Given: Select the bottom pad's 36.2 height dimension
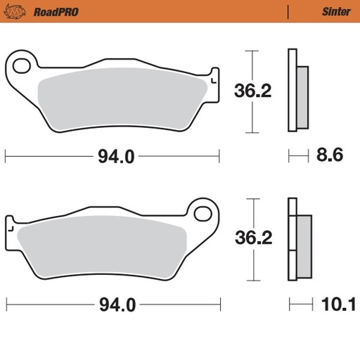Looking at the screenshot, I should click(254, 238).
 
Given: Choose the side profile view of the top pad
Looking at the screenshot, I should click(298, 91).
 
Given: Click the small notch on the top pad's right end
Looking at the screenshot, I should click(215, 72).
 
